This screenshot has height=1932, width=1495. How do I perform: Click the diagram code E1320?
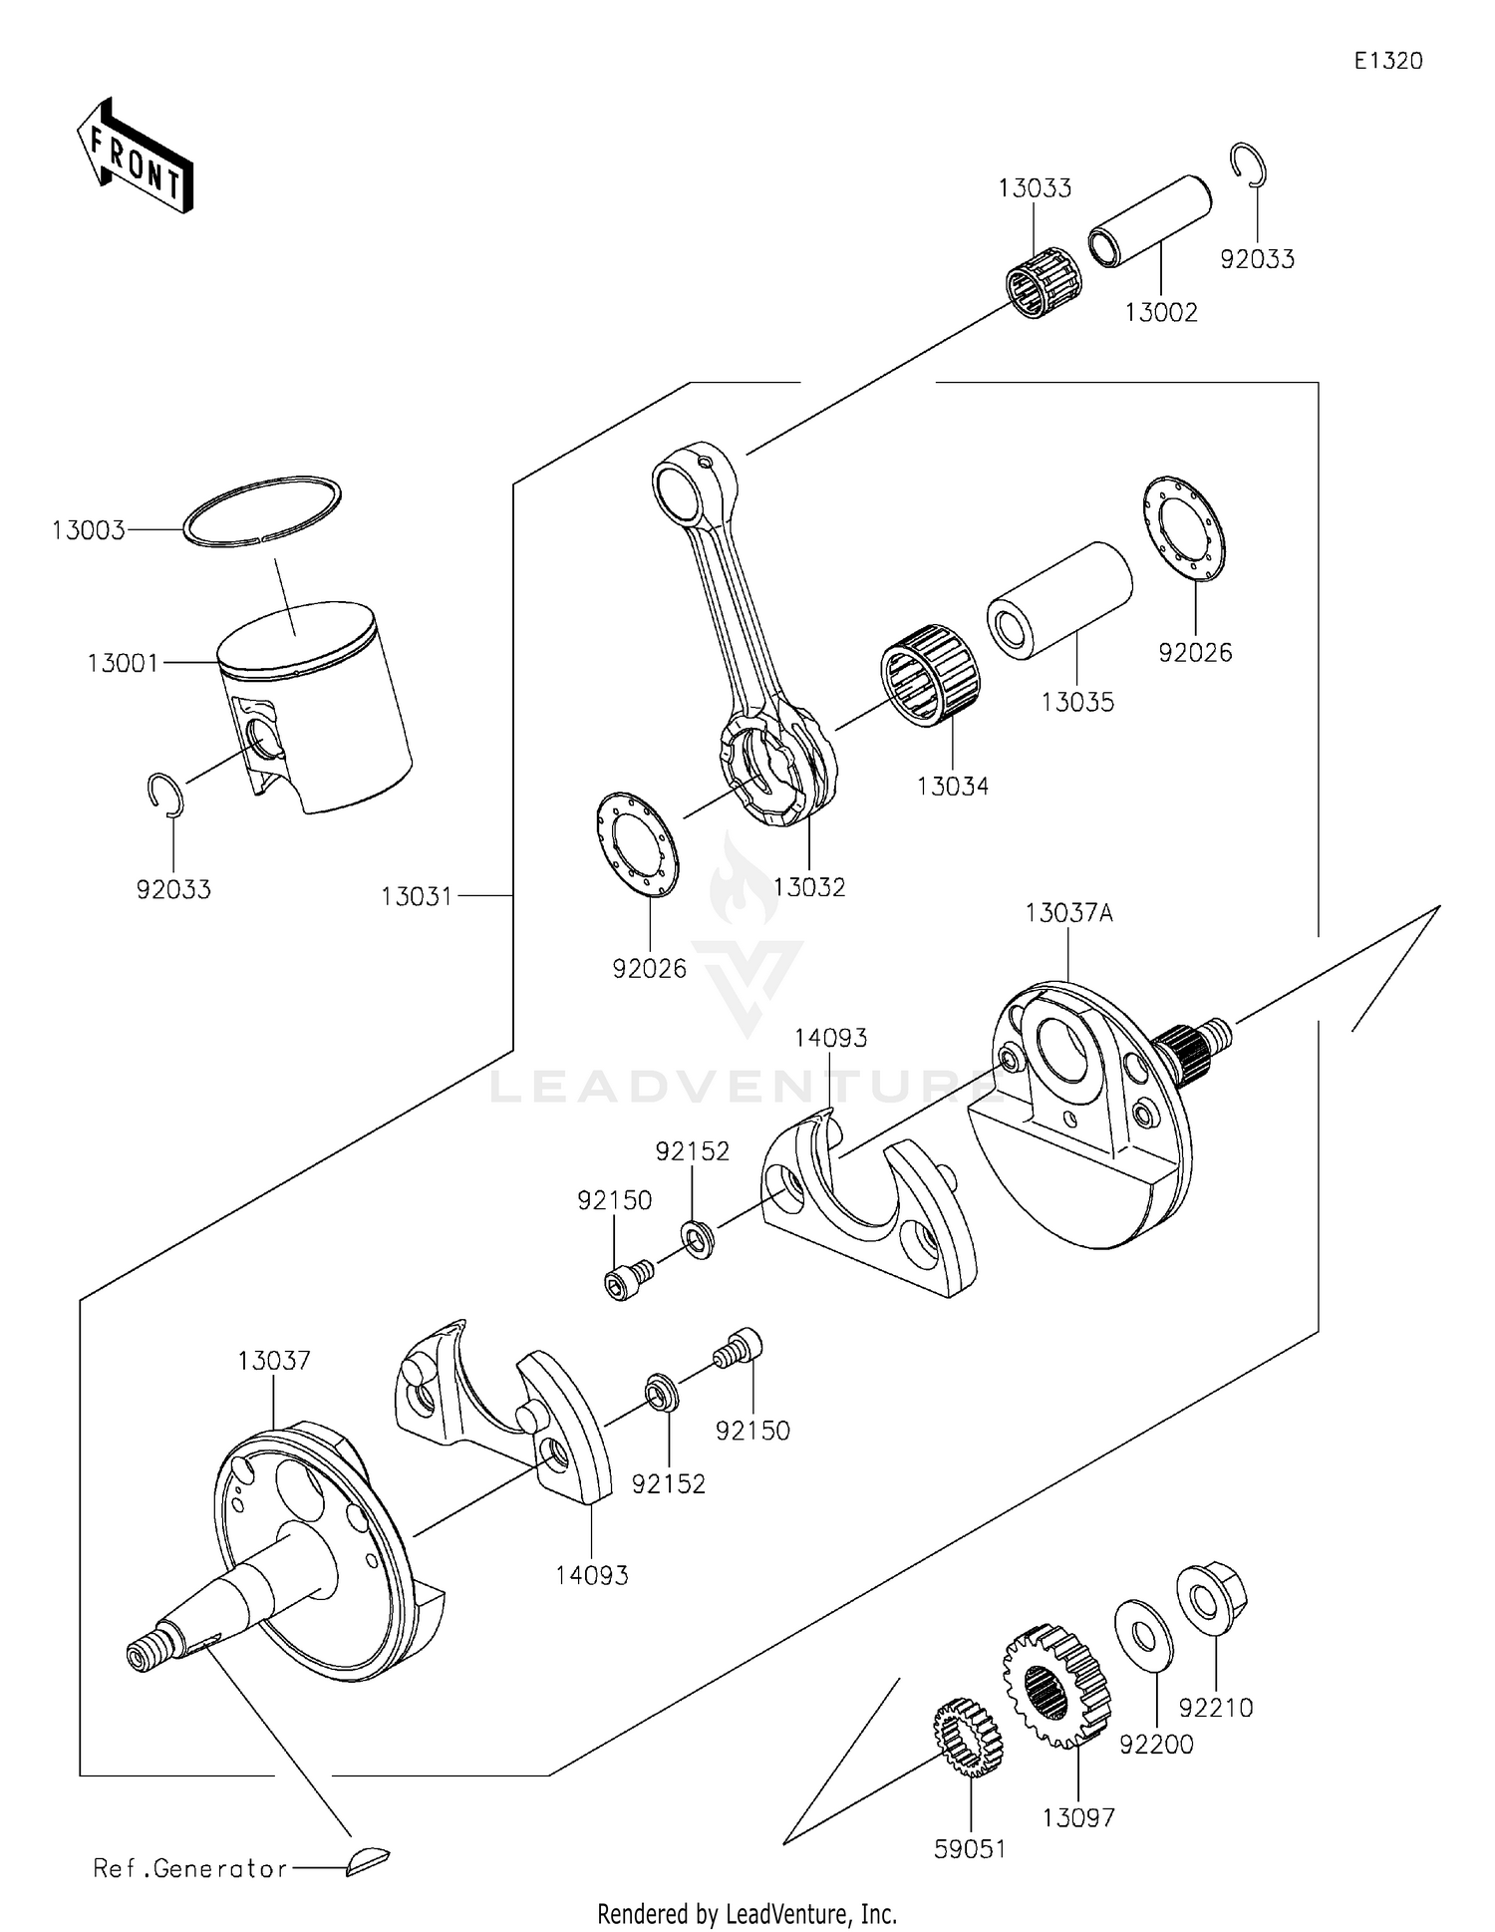[x=1387, y=61]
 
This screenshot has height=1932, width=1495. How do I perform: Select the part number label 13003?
[x=89, y=530]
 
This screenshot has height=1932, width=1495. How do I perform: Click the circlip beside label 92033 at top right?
[x=1247, y=165]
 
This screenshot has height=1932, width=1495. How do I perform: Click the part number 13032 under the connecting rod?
[x=808, y=887]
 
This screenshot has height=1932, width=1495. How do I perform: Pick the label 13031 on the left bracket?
[x=417, y=897]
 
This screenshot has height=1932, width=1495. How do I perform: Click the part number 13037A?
[x=1068, y=913]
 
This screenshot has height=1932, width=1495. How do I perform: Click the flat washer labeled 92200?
[x=1143, y=1631]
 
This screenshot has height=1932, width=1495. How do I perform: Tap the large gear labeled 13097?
[x=1056, y=1685]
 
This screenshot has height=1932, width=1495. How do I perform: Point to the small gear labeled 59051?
[x=968, y=1739]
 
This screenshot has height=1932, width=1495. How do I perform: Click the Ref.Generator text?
[x=189, y=1868]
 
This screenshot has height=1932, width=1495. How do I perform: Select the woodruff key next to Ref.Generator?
[x=369, y=1860]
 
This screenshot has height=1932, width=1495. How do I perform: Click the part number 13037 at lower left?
[x=274, y=1361]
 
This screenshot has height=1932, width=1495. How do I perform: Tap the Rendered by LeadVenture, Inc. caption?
[x=747, y=1914]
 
